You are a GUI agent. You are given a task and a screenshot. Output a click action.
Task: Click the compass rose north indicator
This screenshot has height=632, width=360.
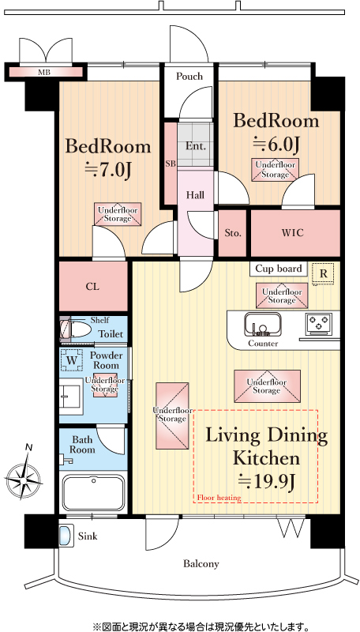coord(25,476)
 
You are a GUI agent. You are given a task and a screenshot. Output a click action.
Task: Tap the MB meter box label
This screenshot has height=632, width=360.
coord(44,73)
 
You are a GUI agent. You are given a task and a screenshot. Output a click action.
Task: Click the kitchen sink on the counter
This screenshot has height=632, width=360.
coord(263,324)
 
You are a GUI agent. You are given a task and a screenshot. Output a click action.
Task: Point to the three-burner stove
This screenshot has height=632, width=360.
coord(318,324)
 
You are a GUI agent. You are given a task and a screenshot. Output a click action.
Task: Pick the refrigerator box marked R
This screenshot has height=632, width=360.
coord(323,273)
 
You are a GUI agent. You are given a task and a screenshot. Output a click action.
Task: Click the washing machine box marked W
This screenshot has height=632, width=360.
coord(71,360)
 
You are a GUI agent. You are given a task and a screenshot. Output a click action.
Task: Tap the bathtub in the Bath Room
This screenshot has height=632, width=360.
coord(93,492)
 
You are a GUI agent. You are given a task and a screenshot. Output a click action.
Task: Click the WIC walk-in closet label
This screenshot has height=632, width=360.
coord(292,232)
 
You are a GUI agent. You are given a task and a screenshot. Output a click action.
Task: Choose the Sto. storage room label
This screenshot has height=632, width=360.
coord(233,233)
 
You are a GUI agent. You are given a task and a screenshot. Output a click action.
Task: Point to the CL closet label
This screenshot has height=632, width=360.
coord(92,287)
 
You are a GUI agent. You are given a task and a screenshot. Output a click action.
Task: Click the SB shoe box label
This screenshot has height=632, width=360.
coord(171,164)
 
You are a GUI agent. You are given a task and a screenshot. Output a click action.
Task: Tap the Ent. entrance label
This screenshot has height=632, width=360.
coord(195,146)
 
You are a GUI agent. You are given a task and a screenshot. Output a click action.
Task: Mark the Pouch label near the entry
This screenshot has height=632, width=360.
coord(189,76)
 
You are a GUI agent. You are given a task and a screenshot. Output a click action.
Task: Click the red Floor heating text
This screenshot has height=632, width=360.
coord(219,498)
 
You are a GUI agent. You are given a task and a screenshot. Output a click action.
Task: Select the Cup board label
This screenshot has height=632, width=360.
coord(279,269)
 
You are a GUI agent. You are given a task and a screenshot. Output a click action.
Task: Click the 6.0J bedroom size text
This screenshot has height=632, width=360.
coord(276,145)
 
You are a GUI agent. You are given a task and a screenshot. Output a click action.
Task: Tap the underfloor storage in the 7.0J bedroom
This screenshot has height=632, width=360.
coord(118,214)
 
